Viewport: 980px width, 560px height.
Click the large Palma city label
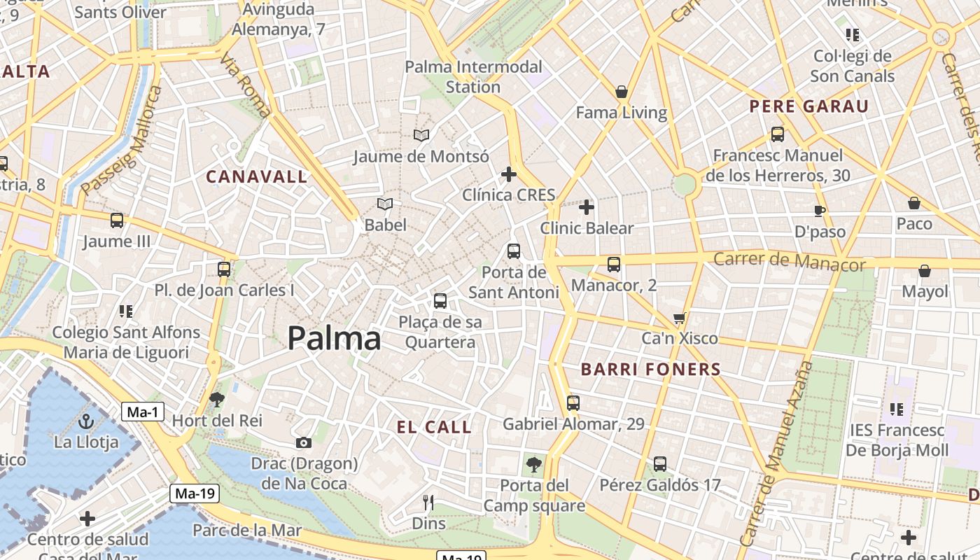click(x=334, y=339)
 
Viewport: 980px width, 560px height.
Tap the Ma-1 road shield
click(x=143, y=412)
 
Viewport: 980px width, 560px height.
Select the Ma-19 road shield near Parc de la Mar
click(x=195, y=493)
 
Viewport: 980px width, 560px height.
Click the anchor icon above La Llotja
click(x=86, y=421)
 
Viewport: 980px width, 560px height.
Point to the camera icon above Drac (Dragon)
click(x=303, y=442)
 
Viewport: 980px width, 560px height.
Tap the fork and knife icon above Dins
click(x=428, y=502)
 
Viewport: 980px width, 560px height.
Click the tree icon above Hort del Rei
click(x=217, y=400)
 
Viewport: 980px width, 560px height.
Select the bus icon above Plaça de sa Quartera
click(x=440, y=301)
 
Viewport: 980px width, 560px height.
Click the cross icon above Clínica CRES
click(x=509, y=174)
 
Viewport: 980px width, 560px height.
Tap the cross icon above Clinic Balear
click(x=587, y=207)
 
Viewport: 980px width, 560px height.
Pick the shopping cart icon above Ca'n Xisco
click(x=679, y=318)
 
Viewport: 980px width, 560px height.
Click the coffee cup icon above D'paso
click(x=820, y=211)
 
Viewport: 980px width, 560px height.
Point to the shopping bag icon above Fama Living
click(x=621, y=92)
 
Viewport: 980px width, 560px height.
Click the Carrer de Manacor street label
click(x=789, y=262)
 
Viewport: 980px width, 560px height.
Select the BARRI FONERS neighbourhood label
click(x=651, y=370)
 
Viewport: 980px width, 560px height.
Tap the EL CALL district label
click(x=434, y=427)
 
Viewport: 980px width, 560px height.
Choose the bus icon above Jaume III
click(x=117, y=220)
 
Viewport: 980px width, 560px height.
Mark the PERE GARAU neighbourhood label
click(x=808, y=106)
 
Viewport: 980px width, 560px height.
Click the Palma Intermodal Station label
click(x=473, y=77)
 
